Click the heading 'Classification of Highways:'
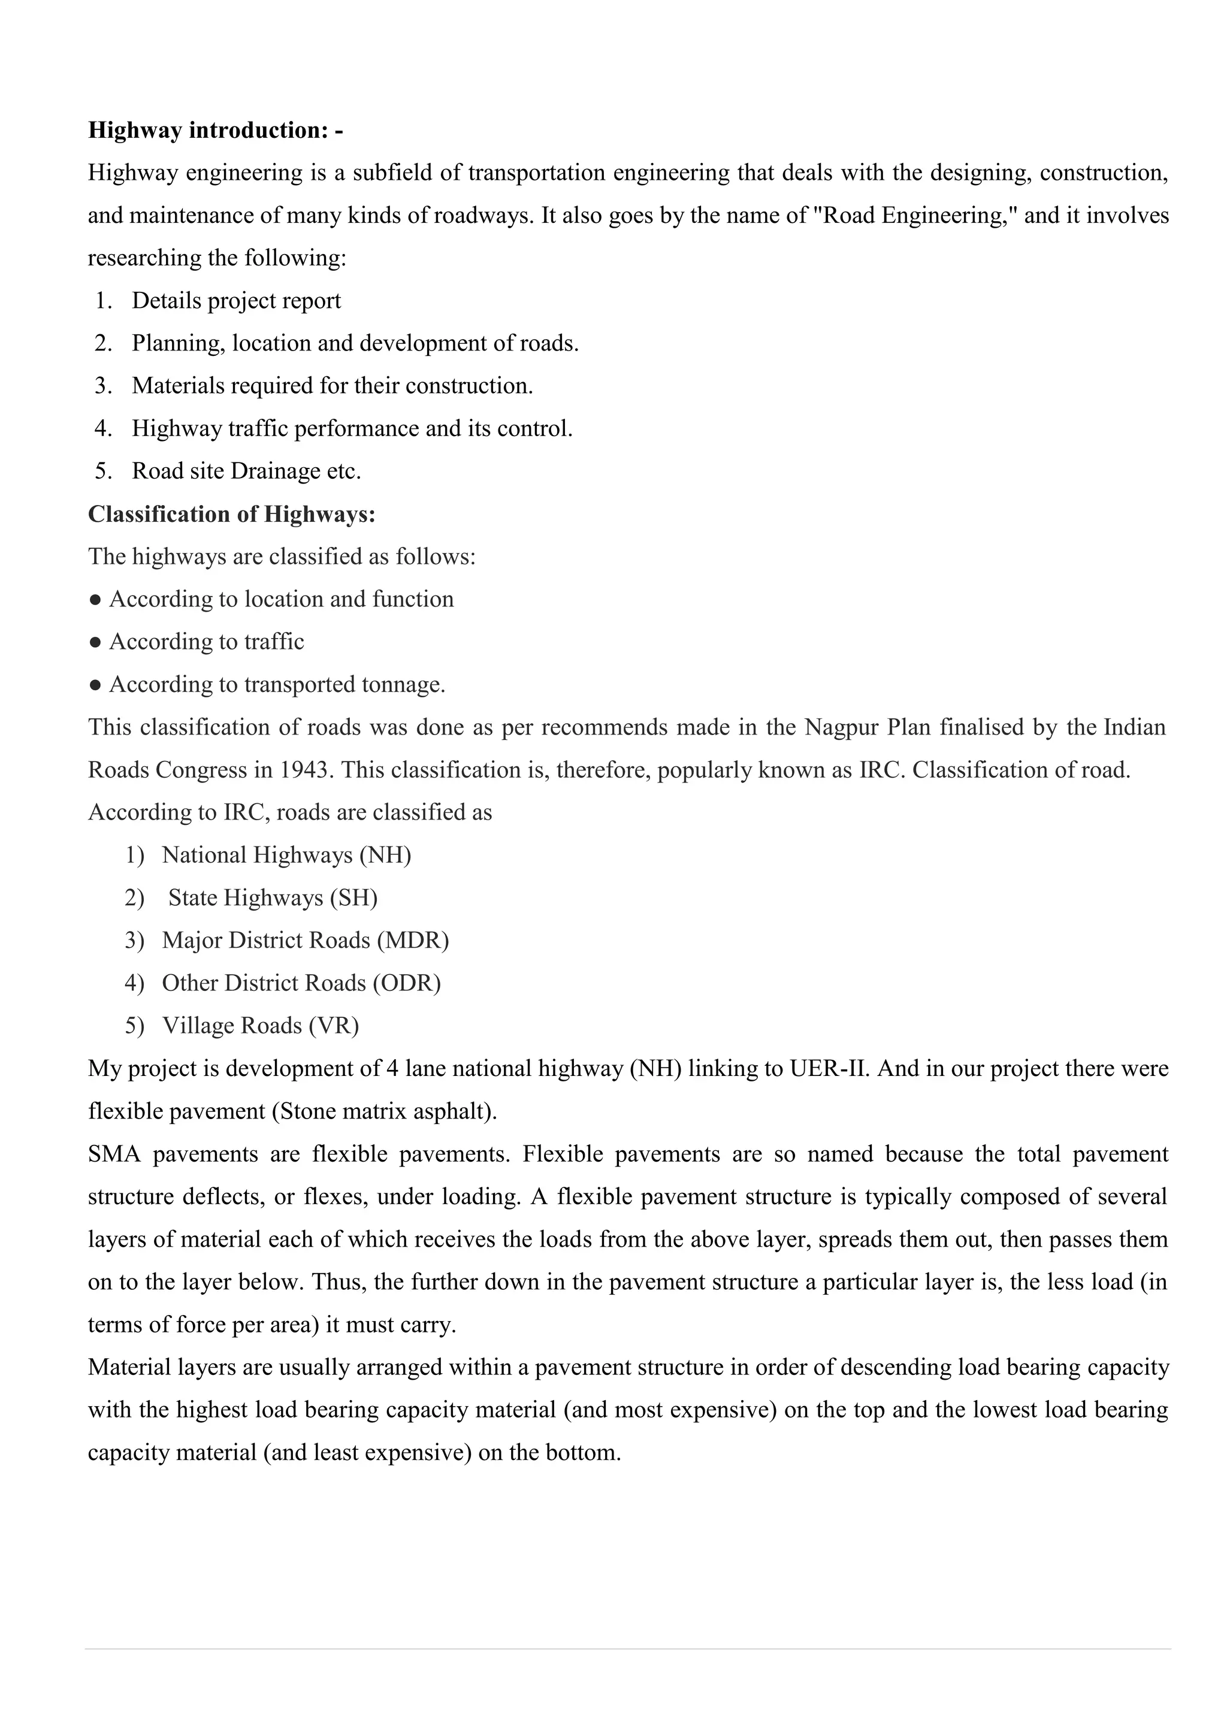click(231, 514)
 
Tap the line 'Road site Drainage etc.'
click(246, 471)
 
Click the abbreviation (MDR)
click(413, 940)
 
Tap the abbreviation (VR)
click(333, 1026)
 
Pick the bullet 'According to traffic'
click(206, 642)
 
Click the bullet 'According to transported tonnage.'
click(277, 685)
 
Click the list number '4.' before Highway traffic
click(104, 428)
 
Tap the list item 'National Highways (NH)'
click(286, 855)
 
